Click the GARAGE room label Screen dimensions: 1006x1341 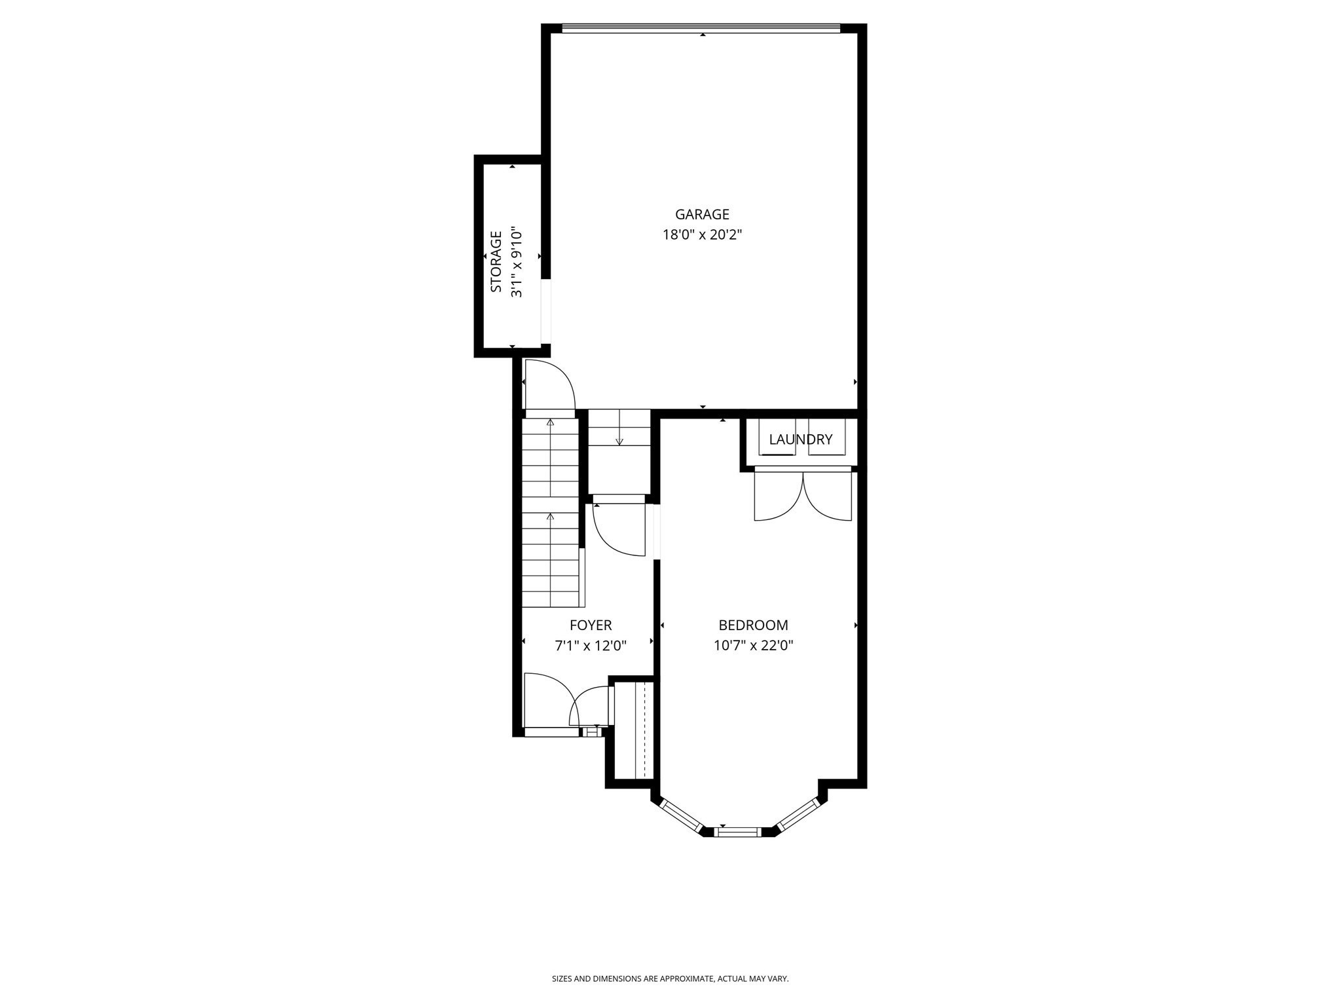(702, 214)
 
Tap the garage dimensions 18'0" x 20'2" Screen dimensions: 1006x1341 (702, 234)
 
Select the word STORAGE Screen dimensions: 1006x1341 (496, 261)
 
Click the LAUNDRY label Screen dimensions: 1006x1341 (800, 439)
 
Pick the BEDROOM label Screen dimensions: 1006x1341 (753, 625)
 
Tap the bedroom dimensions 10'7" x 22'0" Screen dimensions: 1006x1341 (753, 646)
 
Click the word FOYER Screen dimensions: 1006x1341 (591, 625)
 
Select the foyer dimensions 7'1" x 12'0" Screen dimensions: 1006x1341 (591, 646)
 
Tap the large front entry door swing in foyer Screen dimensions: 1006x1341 (547, 699)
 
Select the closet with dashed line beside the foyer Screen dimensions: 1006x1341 (634, 730)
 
